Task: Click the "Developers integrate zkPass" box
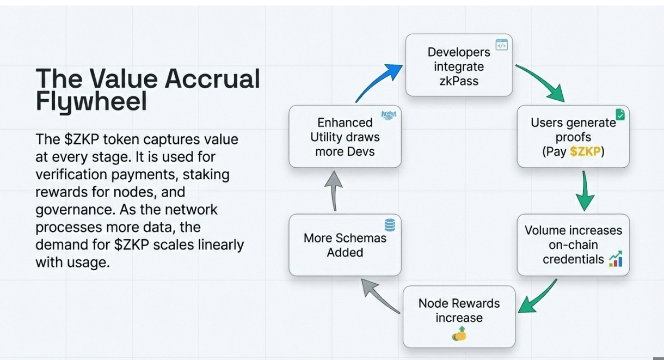[x=459, y=65]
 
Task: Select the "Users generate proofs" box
[x=573, y=137]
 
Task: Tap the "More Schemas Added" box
[x=345, y=245]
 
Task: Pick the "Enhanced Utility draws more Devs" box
[x=345, y=137]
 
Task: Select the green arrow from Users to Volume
[x=585, y=191]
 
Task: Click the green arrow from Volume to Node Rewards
[x=537, y=297]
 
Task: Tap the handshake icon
[x=389, y=115]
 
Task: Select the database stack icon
[x=390, y=224]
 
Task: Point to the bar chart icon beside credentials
[x=616, y=259]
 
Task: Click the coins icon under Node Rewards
[x=459, y=333]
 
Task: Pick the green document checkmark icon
[x=620, y=114]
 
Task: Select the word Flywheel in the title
[x=91, y=102]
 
